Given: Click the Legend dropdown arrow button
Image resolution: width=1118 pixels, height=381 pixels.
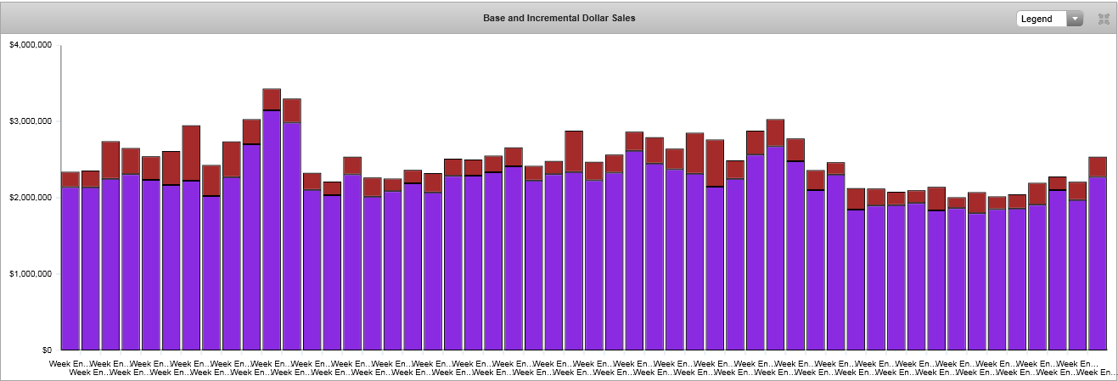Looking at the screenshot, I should coord(1076,19).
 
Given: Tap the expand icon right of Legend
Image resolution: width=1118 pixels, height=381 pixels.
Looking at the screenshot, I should coord(1104,19).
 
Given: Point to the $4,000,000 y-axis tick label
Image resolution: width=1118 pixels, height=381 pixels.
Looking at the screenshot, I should coord(30,45).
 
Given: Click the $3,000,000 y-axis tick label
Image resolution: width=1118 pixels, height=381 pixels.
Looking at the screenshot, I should coord(30,121).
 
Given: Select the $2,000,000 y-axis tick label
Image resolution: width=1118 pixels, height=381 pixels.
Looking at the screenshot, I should coord(30,198).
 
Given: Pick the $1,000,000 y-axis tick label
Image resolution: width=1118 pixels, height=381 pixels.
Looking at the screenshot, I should coord(30,274).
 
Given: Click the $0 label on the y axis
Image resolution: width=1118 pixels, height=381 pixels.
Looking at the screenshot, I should coord(47,350).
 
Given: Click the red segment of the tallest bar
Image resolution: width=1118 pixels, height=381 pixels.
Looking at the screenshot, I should coord(272,99).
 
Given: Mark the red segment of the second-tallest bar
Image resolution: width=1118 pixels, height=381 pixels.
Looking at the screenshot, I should coord(292,110).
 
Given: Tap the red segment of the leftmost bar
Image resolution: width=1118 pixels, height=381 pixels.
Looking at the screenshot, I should coord(70,179).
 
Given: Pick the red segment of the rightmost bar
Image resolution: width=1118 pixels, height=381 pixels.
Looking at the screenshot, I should coord(1098,166).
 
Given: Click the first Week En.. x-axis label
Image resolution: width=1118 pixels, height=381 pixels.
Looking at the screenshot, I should coord(65,363).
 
